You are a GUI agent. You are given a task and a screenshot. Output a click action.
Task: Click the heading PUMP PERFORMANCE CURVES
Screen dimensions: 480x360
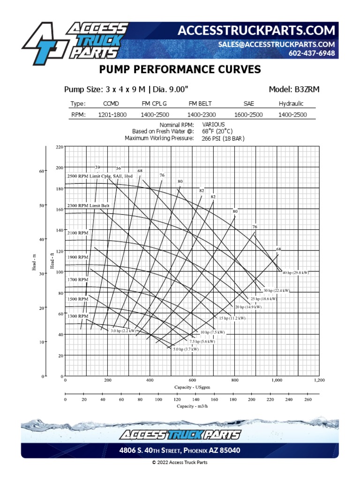click(180, 70)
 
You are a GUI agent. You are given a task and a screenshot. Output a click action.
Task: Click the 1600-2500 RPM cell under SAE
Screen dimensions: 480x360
click(248, 114)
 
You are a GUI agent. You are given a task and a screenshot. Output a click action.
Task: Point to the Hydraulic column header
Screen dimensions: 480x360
click(291, 104)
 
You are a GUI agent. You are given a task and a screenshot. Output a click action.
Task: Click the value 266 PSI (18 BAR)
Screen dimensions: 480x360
click(223, 138)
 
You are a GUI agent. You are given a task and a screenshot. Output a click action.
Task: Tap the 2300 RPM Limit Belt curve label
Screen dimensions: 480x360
click(88, 206)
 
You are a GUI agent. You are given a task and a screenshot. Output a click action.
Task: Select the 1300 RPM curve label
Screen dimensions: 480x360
click(78, 316)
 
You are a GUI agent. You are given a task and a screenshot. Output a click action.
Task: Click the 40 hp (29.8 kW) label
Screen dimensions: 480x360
click(295, 272)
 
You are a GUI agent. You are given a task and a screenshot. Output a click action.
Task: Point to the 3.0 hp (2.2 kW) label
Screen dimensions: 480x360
click(123, 330)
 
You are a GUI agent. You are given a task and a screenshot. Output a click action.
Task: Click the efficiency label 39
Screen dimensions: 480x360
click(97, 167)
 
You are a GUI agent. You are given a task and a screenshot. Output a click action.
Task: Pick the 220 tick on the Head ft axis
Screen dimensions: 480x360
click(59, 147)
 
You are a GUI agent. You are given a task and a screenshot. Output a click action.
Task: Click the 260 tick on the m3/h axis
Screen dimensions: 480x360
click(308, 399)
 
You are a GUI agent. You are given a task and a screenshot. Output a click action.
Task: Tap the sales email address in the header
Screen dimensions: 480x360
click(276, 44)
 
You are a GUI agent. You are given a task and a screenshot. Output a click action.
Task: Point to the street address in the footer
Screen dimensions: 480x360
click(180, 451)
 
